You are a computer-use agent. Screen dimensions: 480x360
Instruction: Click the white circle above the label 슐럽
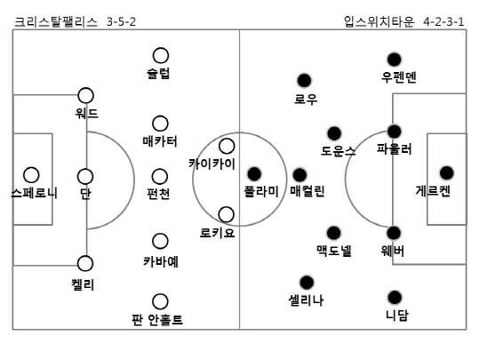tap(161, 55)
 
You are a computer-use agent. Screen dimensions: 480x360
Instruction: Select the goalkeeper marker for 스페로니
tap(31, 175)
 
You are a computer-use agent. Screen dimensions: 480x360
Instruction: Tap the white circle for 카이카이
tap(227, 146)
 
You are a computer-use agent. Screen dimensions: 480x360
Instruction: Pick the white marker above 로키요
tap(227, 214)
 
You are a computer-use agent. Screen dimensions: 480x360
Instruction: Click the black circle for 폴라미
tap(254, 174)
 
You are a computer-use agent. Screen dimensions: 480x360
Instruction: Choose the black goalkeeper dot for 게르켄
tap(446, 173)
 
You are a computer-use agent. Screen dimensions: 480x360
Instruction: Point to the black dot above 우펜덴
tap(395, 60)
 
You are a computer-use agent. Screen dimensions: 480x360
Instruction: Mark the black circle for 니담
tap(395, 297)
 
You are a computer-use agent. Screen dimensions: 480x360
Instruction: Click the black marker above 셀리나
tap(307, 283)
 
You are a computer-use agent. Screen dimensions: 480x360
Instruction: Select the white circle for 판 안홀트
tap(160, 301)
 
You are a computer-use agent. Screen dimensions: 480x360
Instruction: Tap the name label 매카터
tap(160, 141)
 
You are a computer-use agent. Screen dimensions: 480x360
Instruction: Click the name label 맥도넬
tap(334, 251)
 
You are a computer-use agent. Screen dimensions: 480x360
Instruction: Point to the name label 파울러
tap(395, 149)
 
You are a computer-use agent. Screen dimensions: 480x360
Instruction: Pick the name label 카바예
tap(161, 261)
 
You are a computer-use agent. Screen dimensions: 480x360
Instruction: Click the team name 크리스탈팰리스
tap(56, 21)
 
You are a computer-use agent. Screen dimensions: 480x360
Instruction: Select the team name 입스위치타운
tap(379, 21)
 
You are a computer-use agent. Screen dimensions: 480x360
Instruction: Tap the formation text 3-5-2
tap(121, 22)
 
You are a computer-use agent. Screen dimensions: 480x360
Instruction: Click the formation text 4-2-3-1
tap(444, 22)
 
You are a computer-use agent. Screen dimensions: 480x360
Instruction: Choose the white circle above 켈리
tap(85, 264)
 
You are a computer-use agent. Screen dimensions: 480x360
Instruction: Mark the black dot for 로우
tap(304, 81)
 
